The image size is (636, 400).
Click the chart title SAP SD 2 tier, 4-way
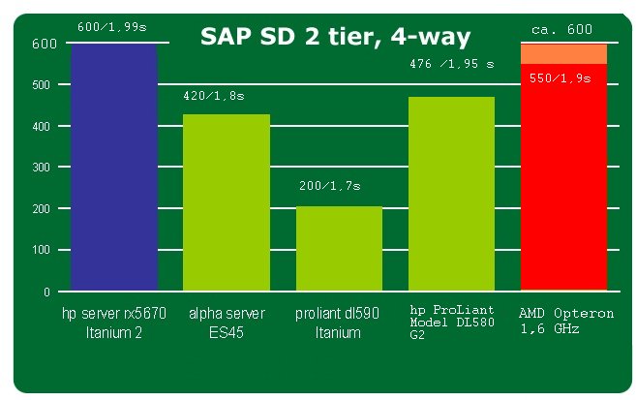335,37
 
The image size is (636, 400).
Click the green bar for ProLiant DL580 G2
451,193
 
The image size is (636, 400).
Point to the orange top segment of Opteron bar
563,53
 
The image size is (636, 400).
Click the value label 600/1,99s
113,27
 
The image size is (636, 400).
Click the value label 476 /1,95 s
452,64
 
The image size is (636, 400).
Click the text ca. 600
561,29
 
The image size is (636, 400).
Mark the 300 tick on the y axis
41,168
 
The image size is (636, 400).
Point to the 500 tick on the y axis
41,85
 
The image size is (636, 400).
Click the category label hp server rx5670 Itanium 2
114,323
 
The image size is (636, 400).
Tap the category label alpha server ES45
227,323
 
